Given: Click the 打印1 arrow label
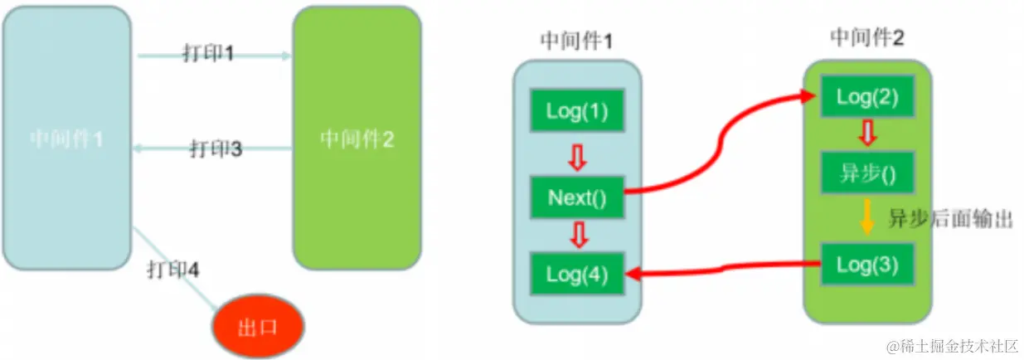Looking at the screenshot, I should (x=208, y=54).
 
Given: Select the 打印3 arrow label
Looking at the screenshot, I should (x=216, y=149).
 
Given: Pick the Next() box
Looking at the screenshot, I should (x=576, y=197).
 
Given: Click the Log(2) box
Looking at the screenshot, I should (x=867, y=96).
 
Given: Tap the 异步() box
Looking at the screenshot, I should (x=867, y=173).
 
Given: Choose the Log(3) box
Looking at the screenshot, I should (x=867, y=265).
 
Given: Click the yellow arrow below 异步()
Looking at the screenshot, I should (x=867, y=217).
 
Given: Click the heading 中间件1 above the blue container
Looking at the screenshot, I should (x=576, y=41).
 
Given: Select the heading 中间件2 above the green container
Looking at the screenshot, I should (x=867, y=37).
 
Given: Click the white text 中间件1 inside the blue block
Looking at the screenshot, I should (x=66, y=139).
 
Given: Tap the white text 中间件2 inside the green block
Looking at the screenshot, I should (x=357, y=139).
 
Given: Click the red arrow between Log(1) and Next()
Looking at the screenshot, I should (x=576, y=154).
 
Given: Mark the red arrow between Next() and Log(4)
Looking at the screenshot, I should (x=576, y=236).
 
